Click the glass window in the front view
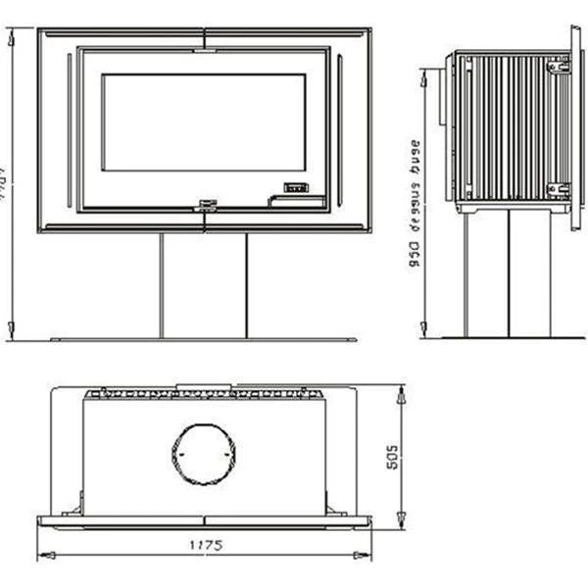tap(204, 122)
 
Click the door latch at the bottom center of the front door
tap(205, 205)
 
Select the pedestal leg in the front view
tap(204, 285)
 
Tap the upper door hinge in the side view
tap(558, 66)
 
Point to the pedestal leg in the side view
tap(507, 275)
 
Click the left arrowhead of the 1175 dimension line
tap(42, 557)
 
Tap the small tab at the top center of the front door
tap(205, 43)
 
